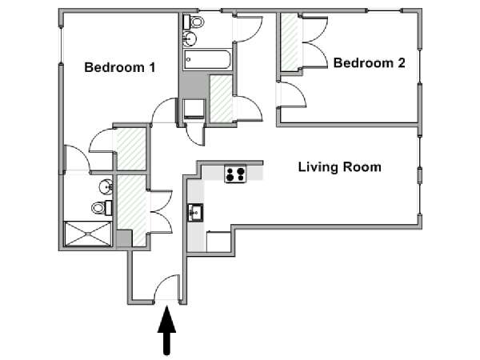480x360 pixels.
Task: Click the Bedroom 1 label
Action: click(120, 68)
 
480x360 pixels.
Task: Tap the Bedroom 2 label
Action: click(369, 63)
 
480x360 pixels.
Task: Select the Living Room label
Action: click(340, 167)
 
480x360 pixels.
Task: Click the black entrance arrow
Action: click(167, 330)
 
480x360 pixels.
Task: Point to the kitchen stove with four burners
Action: click(235, 174)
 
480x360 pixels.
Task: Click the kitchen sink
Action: click(195, 213)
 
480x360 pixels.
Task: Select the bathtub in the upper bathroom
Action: click(207, 59)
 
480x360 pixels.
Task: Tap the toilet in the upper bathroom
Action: click(194, 22)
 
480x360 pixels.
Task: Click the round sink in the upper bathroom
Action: click(190, 39)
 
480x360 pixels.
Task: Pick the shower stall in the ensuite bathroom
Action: click(88, 234)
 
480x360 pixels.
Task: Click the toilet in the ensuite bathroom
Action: click(102, 208)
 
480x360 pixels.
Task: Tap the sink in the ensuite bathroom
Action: click(106, 186)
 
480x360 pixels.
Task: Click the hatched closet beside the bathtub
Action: click(221, 98)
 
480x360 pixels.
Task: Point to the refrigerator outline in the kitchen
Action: click(218, 242)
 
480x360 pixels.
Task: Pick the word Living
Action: click(318, 168)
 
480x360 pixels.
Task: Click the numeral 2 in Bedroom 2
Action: click(401, 63)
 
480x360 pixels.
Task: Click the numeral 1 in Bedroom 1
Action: click(153, 68)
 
